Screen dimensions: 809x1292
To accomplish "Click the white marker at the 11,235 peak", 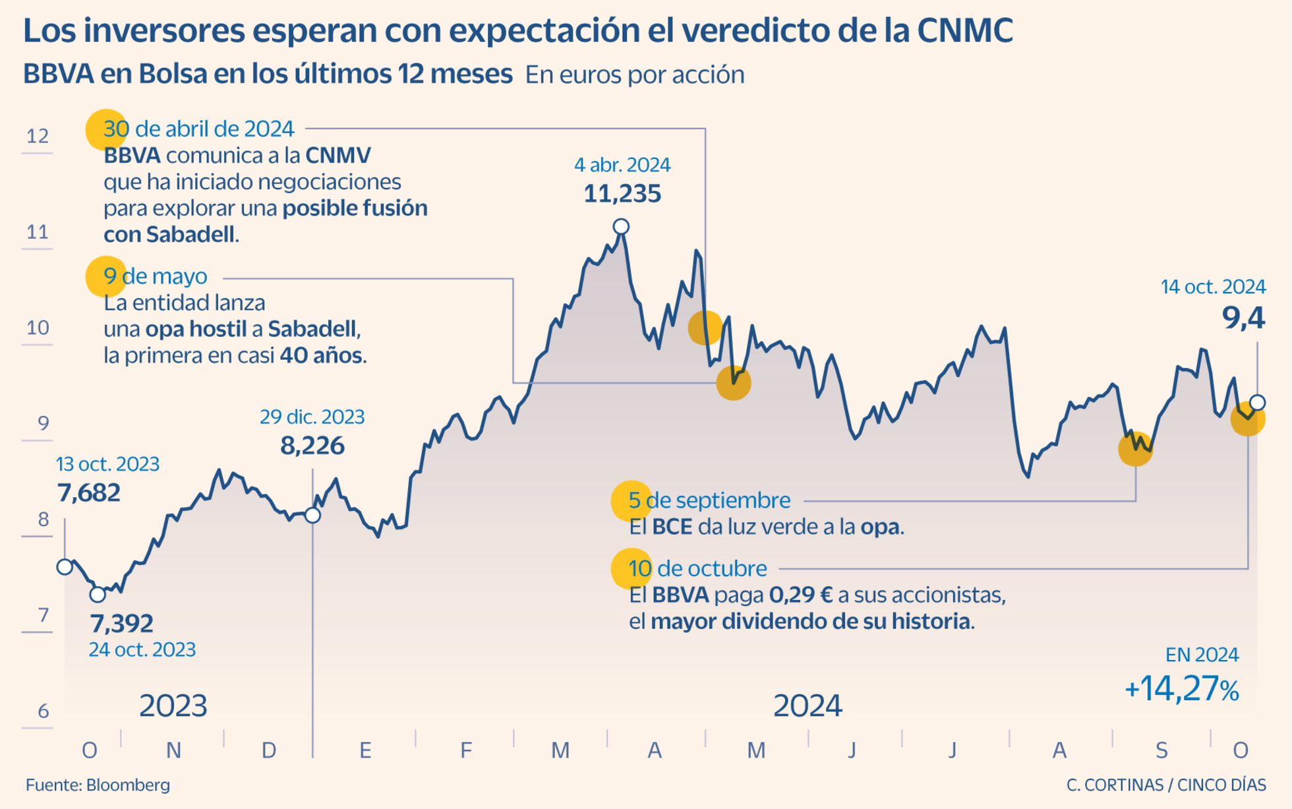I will (x=620, y=227).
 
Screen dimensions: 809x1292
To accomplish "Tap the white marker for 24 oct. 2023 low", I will (x=98, y=595).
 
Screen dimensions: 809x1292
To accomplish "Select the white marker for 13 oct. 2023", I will (x=65, y=567).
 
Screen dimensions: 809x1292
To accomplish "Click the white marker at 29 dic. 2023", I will (x=313, y=515).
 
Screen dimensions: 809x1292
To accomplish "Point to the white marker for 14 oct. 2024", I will (x=1257, y=402).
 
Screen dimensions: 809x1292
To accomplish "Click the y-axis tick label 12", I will (x=38, y=136).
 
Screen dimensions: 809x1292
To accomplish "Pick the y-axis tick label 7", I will (x=43, y=615).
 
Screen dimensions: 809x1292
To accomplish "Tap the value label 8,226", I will (x=312, y=446).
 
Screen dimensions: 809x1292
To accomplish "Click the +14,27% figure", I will (x=1181, y=689).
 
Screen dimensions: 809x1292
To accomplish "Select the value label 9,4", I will (x=1243, y=318).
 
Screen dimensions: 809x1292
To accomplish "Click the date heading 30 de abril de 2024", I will (x=198, y=129).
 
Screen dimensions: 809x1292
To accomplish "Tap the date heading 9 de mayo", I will (x=156, y=276).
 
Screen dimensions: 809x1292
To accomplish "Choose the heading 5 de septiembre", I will (x=709, y=500).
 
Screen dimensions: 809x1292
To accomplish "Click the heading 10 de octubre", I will (x=697, y=568).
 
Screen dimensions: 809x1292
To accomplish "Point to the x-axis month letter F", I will (x=466, y=750).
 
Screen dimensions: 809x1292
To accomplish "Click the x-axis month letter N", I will (x=173, y=750).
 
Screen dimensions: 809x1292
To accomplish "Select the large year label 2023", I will (x=173, y=706).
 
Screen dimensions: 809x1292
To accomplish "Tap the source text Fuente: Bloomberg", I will (x=98, y=785).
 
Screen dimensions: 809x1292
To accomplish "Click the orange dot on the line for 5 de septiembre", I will (x=1135, y=449).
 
